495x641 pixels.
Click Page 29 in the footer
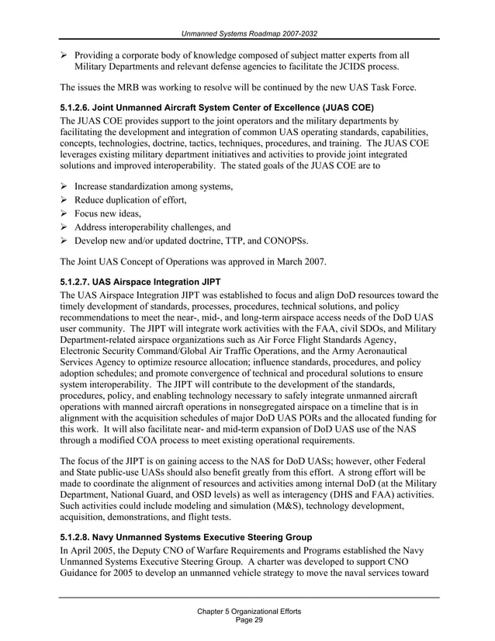click(x=248, y=622)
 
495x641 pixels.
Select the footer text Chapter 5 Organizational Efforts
click(x=248, y=612)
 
